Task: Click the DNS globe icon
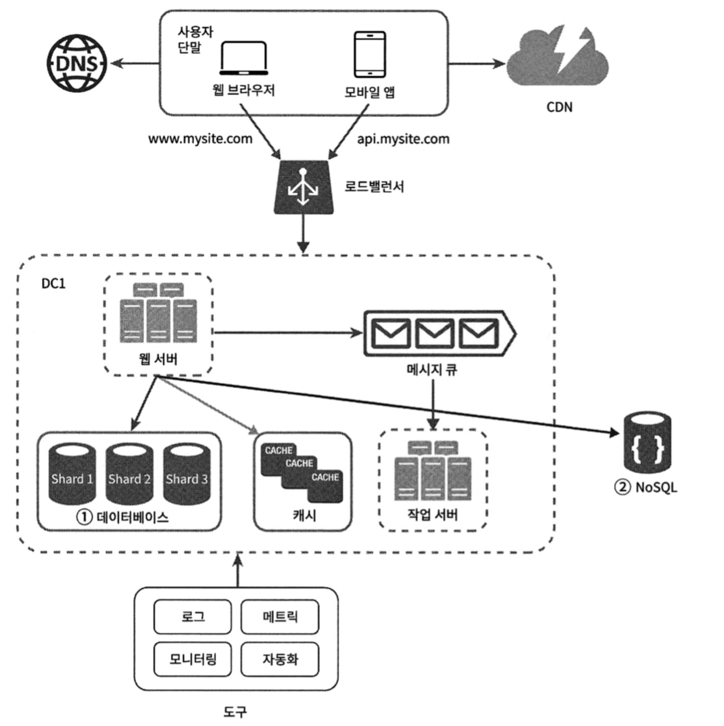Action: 77,63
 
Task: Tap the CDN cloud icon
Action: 558,58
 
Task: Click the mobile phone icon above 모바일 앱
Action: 370,54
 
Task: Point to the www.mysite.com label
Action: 200,139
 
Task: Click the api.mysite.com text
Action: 403,139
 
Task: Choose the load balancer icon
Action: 303,187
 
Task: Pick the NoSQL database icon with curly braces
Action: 647,443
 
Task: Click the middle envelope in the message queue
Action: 434,333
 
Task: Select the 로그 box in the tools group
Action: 193,617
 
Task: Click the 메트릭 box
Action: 280,617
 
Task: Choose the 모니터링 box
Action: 193,659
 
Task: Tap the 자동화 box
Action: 280,659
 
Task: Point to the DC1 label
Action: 53,284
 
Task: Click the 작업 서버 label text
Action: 432,515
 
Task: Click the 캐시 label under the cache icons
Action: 304,515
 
